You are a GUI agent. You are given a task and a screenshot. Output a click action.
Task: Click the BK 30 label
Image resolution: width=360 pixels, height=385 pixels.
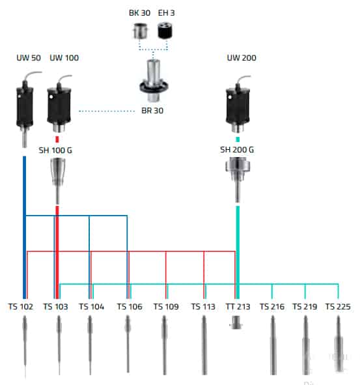(x=139, y=13)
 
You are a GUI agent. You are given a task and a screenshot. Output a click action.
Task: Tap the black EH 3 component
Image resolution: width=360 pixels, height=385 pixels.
(x=165, y=31)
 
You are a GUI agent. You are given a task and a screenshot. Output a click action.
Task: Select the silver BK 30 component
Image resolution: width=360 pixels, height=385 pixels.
(x=141, y=31)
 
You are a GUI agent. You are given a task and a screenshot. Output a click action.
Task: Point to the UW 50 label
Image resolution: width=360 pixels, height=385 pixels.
(x=29, y=58)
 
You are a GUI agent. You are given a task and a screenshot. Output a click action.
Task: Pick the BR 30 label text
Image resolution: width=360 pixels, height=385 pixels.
(x=152, y=111)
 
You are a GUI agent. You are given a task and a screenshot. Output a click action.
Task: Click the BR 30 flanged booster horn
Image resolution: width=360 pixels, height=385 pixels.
(x=154, y=80)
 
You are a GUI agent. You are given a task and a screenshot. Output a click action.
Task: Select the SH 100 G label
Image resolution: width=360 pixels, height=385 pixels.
(x=55, y=150)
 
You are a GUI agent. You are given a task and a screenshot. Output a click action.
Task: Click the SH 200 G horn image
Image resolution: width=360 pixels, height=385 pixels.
(x=238, y=180)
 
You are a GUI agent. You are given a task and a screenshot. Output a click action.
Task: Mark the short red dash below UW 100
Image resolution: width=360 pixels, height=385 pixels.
(x=57, y=139)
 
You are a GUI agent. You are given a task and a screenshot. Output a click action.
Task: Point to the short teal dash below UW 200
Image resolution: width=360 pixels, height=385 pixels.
(x=238, y=139)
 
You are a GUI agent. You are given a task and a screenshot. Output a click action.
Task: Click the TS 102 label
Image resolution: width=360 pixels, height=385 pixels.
(x=20, y=307)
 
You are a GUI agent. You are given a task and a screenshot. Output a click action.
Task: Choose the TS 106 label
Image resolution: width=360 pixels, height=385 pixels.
(x=130, y=307)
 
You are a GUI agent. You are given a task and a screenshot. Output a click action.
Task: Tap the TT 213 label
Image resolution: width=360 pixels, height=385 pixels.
(x=238, y=307)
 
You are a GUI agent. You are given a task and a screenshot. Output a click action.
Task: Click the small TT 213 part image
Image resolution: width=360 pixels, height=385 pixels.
(x=236, y=322)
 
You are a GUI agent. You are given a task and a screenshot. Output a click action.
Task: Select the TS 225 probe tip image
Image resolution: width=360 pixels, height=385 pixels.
(x=339, y=344)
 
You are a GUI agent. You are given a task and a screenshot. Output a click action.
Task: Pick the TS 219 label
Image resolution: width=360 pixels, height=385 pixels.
(x=305, y=307)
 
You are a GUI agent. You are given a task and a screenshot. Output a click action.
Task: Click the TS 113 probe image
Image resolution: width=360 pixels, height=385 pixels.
(x=204, y=345)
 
